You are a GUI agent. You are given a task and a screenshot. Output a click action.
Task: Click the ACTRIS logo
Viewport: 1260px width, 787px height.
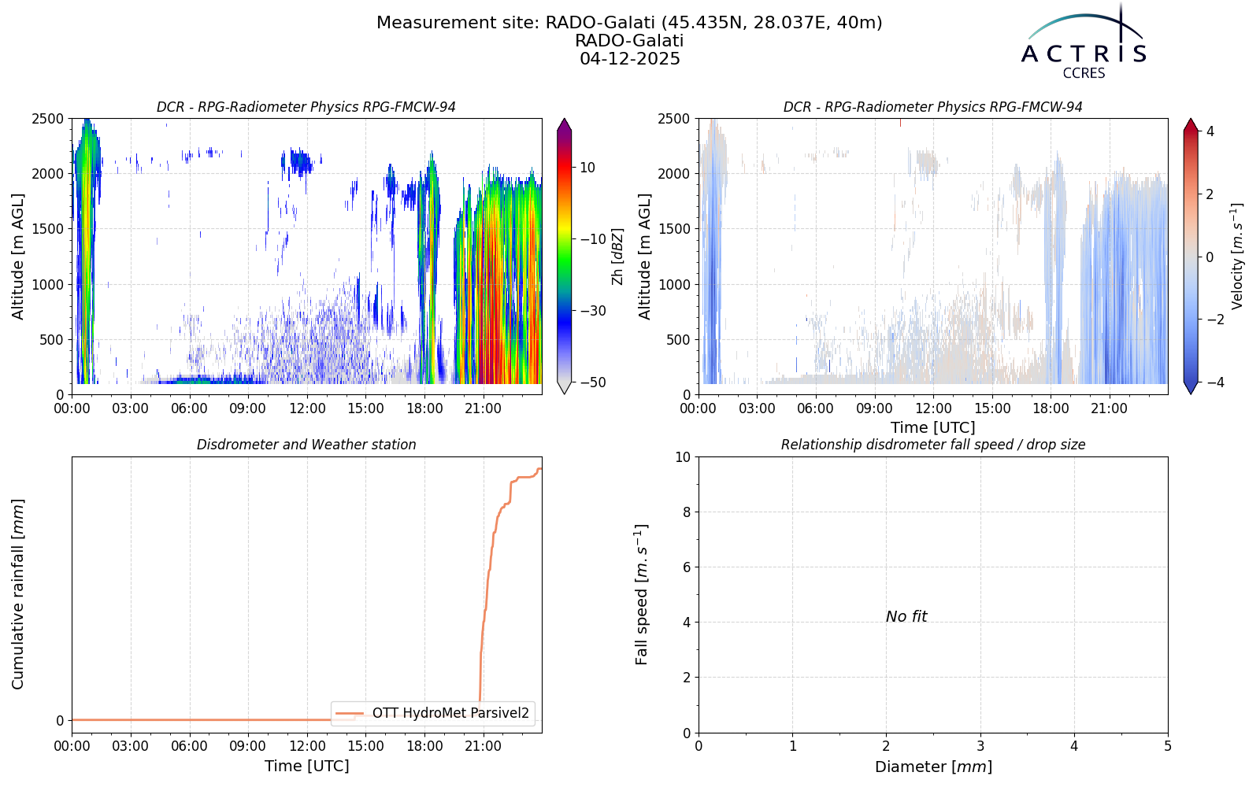1084,42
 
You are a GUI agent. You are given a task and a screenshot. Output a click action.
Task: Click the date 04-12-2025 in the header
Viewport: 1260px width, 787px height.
630,59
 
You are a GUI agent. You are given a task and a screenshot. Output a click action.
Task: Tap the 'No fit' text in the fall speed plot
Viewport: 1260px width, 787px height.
906,617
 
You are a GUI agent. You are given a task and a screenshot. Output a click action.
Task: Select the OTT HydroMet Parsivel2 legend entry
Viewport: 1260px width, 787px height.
432,713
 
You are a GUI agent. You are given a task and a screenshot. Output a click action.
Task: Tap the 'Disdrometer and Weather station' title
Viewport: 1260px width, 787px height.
306,445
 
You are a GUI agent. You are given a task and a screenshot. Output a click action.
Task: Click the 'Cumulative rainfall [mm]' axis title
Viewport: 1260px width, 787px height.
17,594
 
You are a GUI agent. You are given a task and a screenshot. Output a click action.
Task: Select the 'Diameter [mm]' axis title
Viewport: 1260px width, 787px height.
933,767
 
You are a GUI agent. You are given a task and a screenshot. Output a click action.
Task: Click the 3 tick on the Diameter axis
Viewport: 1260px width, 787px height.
980,746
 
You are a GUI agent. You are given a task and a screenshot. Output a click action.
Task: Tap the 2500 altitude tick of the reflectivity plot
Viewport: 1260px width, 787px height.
49,119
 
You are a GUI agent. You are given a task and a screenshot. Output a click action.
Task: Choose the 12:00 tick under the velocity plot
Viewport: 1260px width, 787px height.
933,408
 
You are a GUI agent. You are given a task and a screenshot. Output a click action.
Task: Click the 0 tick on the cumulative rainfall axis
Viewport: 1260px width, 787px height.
60,721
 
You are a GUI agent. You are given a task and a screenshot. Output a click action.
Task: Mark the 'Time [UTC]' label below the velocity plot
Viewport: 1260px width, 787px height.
933,428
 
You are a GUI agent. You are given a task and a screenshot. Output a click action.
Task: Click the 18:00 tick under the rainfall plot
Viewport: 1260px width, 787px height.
424,746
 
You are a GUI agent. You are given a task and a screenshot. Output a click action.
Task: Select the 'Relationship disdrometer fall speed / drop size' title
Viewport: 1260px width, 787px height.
933,445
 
